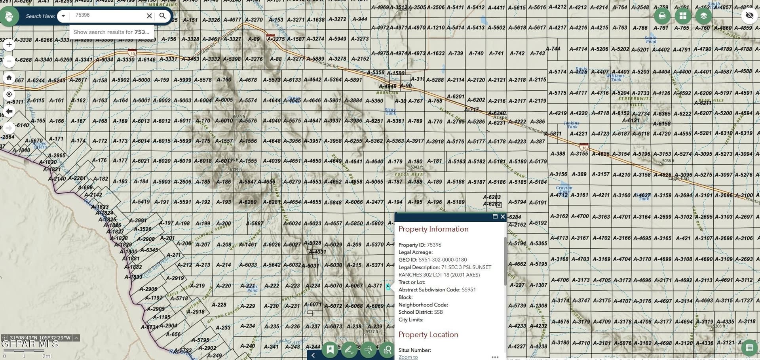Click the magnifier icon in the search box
pyautogui.click(x=162, y=16)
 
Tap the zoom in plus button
pyautogui.click(x=9, y=44)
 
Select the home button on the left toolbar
pyautogui.click(x=9, y=78)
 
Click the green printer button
pyautogui.click(x=662, y=16)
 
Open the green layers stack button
pyautogui.click(x=703, y=16)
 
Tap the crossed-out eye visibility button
pyautogui.click(x=749, y=16)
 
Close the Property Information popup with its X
pyautogui.click(x=503, y=217)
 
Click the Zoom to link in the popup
pyautogui.click(x=408, y=357)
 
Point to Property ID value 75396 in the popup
pyautogui.click(x=434, y=245)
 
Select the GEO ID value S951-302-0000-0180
pyautogui.click(x=443, y=260)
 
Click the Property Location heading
pyautogui.click(x=428, y=334)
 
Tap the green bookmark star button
pyautogui.click(x=330, y=350)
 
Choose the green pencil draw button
pyautogui.click(x=349, y=350)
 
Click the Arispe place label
pyautogui.click(x=500, y=117)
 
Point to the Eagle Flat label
pyautogui.click(x=678, y=178)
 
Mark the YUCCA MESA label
pyautogui.click(x=408, y=174)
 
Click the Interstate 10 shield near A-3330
pyautogui.click(x=132, y=53)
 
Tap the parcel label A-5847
pyautogui.click(x=247, y=181)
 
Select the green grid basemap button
pyautogui.click(x=683, y=16)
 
